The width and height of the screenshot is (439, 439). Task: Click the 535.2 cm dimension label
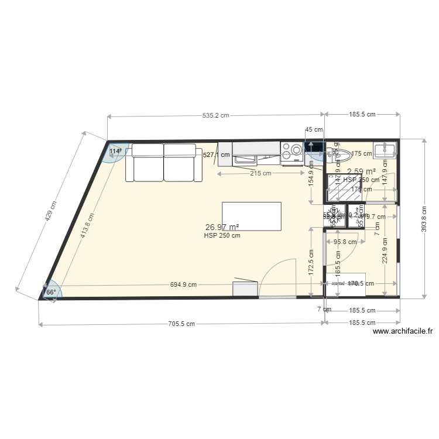coord(215,116)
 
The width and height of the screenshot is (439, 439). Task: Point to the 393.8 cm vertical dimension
coord(423,219)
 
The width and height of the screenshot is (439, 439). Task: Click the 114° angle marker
coord(116,151)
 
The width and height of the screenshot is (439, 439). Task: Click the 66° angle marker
coord(51,292)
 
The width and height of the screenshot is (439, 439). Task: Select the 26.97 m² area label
coord(222,227)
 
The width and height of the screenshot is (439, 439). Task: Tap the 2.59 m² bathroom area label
coord(362,172)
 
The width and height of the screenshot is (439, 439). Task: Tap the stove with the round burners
coord(291,152)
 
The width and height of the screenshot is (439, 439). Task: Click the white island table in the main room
coord(251,216)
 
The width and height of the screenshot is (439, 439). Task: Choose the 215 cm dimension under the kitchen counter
coord(260,173)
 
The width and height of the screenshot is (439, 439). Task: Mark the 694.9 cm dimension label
coord(183,284)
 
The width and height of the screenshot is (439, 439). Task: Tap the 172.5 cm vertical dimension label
coord(311,263)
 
